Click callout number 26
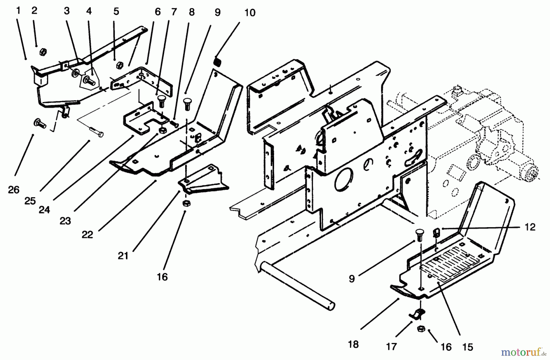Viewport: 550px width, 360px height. (13, 190)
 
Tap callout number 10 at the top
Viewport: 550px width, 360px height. (250, 13)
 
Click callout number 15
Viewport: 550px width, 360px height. (468, 347)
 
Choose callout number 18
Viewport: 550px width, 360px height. (353, 344)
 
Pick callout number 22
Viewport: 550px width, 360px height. (87, 235)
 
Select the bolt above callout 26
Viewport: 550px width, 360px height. (40, 124)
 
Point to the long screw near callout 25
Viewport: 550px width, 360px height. (97, 133)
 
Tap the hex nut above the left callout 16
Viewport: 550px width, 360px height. (185, 204)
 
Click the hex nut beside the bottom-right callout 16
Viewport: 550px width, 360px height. (421, 329)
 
